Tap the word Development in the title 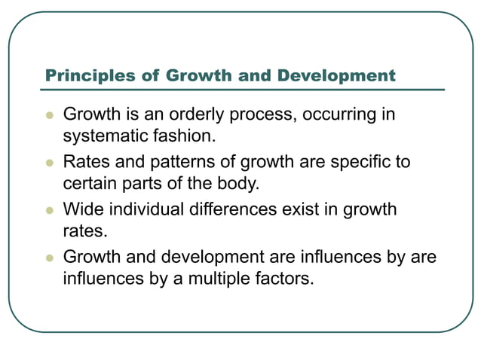pyautogui.click(x=336, y=76)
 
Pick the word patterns pyautogui.click(x=184, y=162)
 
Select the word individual pyautogui.click(x=146, y=209)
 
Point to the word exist pyautogui.click(x=302, y=209)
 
